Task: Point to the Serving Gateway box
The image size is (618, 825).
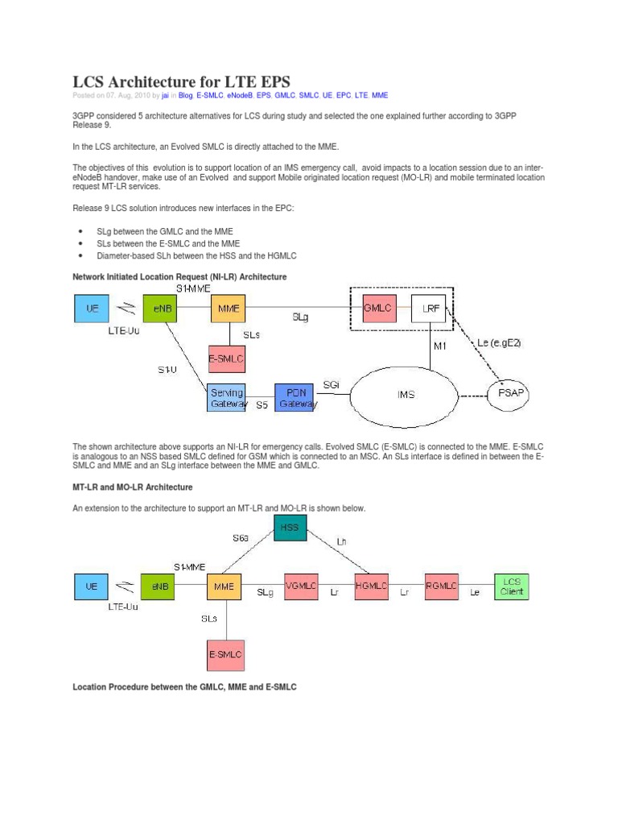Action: pyautogui.click(x=228, y=398)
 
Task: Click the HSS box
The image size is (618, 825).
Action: pyautogui.click(x=290, y=529)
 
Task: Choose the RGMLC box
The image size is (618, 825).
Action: pyautogui.click(x=444, y=587)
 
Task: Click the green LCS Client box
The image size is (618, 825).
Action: pyautogui.click(x=512, y=587)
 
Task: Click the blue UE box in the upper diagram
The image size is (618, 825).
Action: pyautogui.click(x=92, y=308)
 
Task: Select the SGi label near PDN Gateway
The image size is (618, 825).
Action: pyautogui.click(x=331, y=385)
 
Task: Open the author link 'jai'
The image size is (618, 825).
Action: pyautogui.click(x=165, y=95)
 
